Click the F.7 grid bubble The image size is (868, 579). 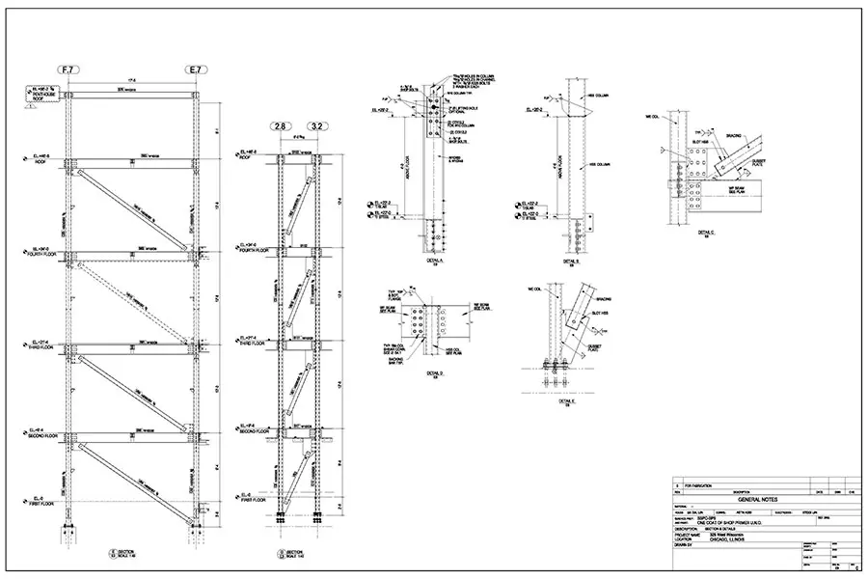click(68, 69)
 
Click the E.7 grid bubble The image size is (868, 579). click(196, 69)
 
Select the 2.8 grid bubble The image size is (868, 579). click(280, 126)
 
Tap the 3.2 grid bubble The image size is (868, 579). click(315, 126)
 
